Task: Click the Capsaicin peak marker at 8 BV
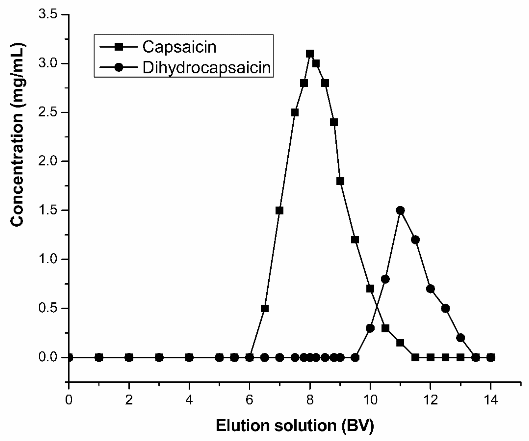pos(310,54)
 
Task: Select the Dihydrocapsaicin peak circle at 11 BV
pos(400,211)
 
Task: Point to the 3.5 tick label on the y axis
pos(48,15)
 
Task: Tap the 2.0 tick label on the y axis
pos(48,161)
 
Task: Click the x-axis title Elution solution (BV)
pos(295,426)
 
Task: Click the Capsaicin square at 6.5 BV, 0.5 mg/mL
pos(264,308)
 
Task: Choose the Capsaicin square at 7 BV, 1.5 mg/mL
pos(279,211)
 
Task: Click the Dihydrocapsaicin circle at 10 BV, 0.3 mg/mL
pos(370,328)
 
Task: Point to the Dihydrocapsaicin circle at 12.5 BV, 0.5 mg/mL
pos(445,308)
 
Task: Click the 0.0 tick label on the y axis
pos(48,357)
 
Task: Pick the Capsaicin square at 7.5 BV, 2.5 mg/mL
pos(295,113)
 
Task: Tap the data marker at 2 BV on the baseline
pos(129,357)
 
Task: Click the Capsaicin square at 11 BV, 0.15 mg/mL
pos(400,343)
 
